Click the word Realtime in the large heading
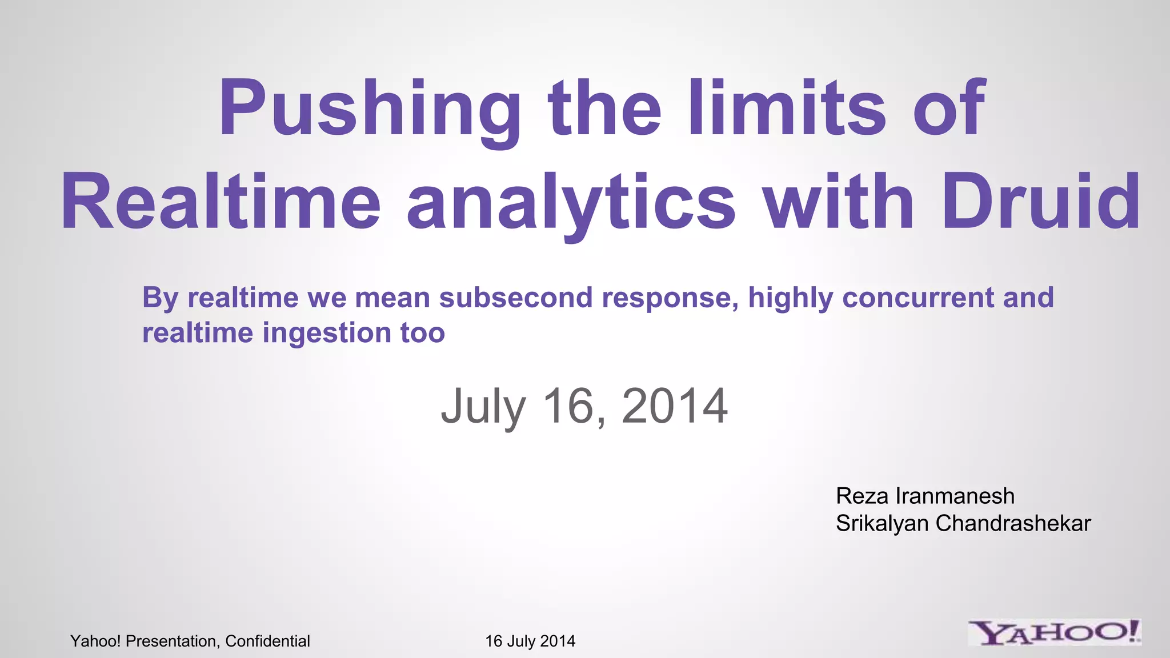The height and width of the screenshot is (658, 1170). point(221,203)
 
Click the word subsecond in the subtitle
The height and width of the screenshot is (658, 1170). point(515,298)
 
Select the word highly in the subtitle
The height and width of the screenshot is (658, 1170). point(790,298)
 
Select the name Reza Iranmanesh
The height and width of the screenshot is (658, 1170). point(925,496)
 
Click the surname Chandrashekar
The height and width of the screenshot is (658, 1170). point(1013,523)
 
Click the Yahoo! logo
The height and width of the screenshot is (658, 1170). point(1054,633)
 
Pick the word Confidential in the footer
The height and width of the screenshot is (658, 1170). point(267,641)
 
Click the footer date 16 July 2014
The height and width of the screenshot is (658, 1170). point(530,641)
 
